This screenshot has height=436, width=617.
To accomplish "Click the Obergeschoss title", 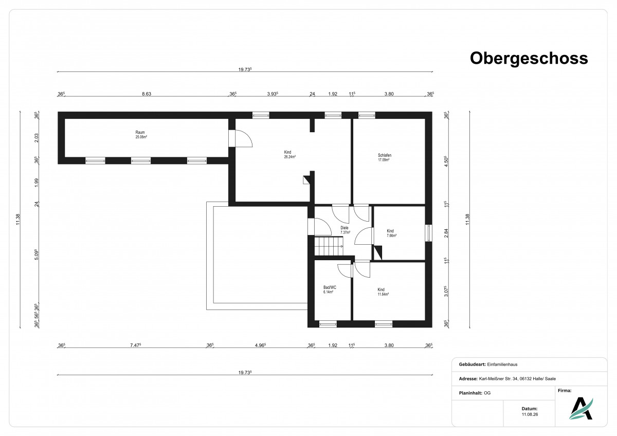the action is [529, 59].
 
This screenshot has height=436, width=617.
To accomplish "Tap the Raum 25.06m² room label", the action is [141, 134].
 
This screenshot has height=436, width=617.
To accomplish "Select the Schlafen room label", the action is [384, 157].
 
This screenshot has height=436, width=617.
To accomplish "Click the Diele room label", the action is [345, 230].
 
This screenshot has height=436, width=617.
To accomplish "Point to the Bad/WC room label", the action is [330, 289].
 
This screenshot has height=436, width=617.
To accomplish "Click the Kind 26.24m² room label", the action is [289, 154].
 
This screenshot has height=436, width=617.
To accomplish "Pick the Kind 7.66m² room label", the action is [391, 233].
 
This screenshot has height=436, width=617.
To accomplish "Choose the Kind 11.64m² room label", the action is [383, 292].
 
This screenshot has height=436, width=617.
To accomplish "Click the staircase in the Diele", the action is [329, 246].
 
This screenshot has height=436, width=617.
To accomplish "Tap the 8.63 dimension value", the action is [147, 94].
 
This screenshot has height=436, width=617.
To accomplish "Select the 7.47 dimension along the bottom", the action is [136, 345].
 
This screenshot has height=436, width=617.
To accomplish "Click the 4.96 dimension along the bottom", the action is [260, 345].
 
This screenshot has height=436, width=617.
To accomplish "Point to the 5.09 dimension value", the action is [37, 255].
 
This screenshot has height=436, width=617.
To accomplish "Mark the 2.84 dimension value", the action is [446, 233].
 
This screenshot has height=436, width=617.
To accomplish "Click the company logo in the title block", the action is [581, 408].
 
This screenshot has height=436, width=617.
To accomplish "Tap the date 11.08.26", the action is [530, 414].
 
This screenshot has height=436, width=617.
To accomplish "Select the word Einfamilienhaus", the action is [502, 365].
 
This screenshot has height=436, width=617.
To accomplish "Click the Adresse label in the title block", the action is [468, 379].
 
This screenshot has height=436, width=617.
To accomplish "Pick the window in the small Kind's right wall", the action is [429, 233].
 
